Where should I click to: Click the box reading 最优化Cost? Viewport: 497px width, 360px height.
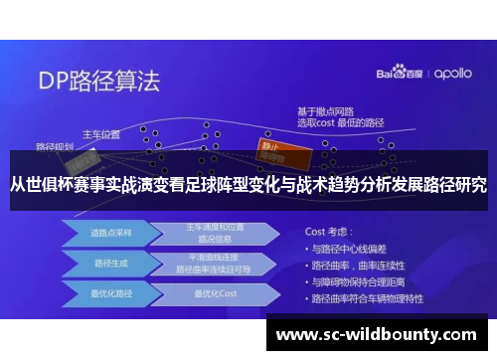click(x=215, y=294)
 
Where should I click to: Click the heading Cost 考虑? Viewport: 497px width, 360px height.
click(x=331, y=230)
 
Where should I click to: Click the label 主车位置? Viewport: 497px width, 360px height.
click(x=100, y=134)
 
